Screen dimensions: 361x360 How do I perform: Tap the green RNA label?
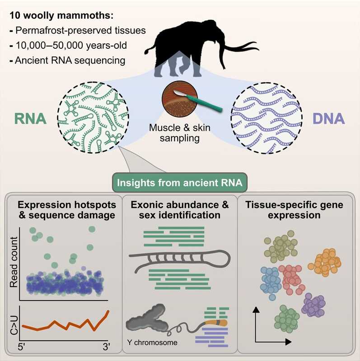click(x=30, y=120)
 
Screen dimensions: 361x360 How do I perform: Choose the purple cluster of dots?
click(x=313, y=305)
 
